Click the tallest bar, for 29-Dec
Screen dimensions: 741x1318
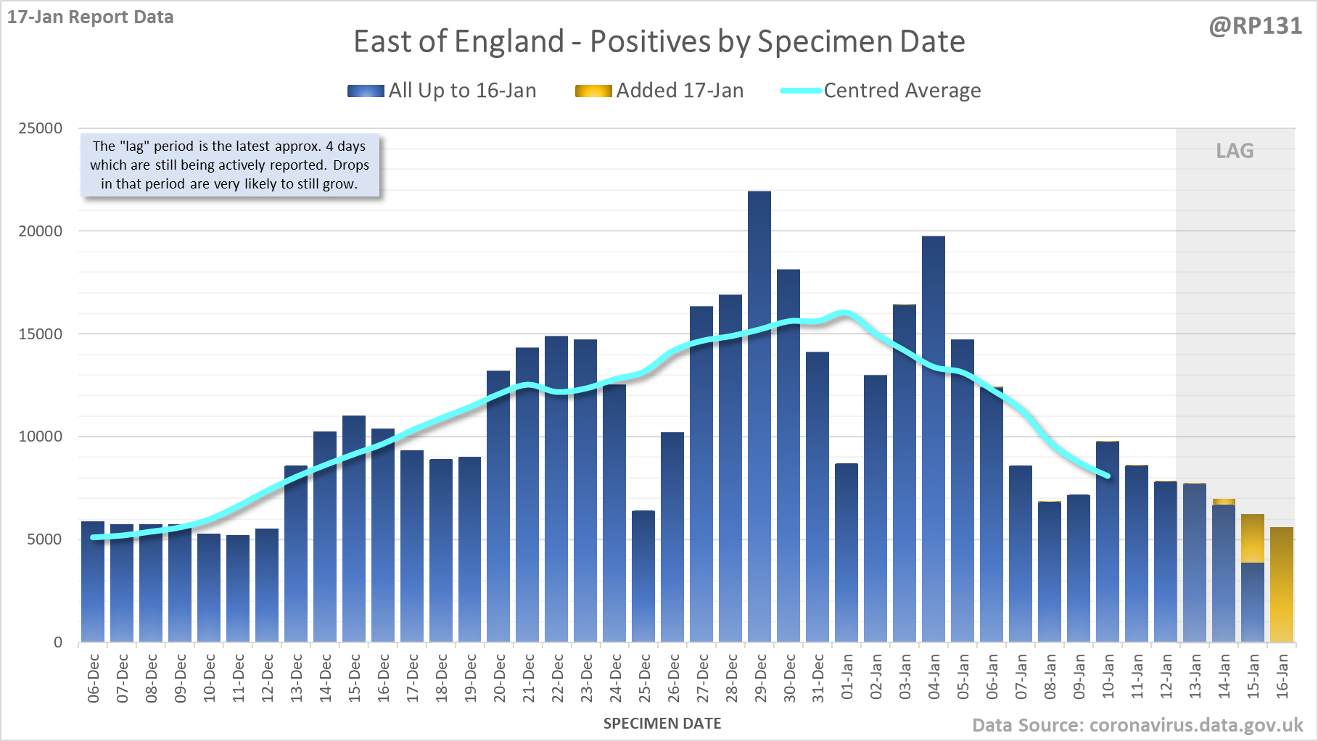pos(759,417)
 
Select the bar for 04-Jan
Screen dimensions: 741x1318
pos(934,439)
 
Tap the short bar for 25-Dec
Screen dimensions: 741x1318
pos(643,576)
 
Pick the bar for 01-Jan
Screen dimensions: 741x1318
pos(847,552)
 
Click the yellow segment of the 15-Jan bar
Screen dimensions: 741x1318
pos(1253,538)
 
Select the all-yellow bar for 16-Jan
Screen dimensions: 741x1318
pos(1282,584)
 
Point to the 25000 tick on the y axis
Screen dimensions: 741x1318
pos(41,128)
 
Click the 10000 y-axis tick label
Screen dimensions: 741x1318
pos(41,436)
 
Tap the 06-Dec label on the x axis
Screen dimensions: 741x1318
pos(94,679)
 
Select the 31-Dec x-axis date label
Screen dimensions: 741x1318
pos(818,679)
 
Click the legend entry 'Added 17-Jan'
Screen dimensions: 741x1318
pos(660,91)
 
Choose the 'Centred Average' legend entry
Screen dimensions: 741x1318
pos(881,91)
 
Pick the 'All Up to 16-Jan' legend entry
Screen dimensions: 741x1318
pos(442,91)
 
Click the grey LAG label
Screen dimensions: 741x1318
pos(1235,151)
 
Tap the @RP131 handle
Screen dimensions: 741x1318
pos(1255,26)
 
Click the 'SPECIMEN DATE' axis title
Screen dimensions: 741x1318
pos(662,724)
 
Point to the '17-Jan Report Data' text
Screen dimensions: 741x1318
pos(91,17)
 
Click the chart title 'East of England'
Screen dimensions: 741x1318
pos(659,41)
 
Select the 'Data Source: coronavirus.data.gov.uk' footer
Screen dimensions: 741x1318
pos(1137,725)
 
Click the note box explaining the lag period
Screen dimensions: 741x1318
pos(229,165)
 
